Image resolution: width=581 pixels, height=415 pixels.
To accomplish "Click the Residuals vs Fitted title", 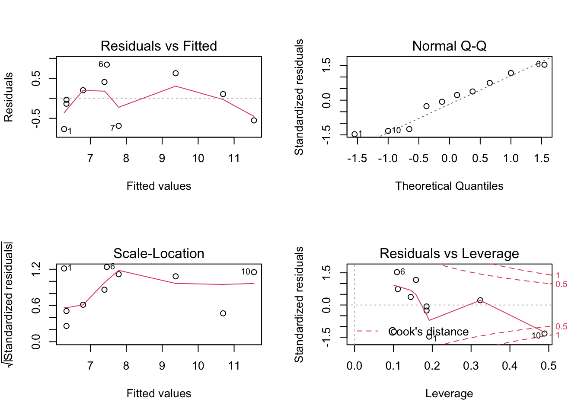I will coord(159,46).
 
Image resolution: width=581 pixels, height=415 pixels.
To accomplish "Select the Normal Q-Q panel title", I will coord(449,46).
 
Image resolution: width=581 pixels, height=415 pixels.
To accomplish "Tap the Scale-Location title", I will coord(159,253).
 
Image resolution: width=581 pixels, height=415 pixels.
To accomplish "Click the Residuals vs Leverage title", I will coord(449,253).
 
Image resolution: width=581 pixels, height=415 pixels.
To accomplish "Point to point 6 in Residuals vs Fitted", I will coord(107,65).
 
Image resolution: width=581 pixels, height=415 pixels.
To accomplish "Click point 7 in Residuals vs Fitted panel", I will coord(119,126).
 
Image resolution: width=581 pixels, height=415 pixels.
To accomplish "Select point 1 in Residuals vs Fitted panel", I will coord(64,129).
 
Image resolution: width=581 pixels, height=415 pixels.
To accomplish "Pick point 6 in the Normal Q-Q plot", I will coord(544,65).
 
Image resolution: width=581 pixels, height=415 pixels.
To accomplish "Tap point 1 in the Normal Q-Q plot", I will coord(354,134).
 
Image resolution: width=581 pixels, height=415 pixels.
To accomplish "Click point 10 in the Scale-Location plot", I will coord(254,272).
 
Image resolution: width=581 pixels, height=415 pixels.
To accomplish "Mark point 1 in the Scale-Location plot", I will coord(64,268).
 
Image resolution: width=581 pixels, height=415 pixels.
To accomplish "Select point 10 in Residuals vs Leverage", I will coord(544,333).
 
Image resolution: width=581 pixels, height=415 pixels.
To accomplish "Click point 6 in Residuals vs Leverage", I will coord(397,272).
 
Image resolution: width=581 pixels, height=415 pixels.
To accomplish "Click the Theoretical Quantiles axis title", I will coord(449,186).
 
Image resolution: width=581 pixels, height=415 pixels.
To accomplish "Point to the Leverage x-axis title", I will coord(449,393).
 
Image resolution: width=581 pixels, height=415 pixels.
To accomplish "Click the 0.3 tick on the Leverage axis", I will coord(471,366).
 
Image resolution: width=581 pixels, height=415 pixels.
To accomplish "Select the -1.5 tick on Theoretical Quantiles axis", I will coord(357,158).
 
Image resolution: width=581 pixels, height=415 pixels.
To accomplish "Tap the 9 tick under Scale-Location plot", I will coord(162,366).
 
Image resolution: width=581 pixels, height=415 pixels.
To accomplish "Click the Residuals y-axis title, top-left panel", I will coord(9,97).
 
